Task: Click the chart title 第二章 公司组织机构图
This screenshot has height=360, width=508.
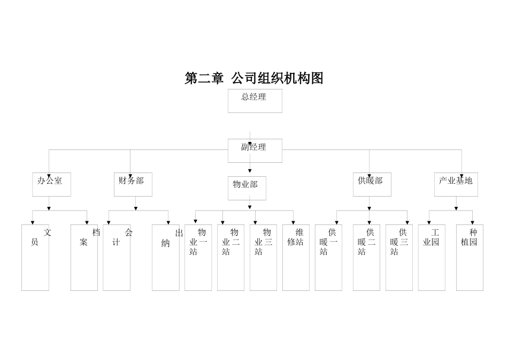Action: point(254,78)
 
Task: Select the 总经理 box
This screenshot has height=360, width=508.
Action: point(255,101)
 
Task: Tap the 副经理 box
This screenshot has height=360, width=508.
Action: point(255,151)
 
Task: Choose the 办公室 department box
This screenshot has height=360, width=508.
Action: point(51,184)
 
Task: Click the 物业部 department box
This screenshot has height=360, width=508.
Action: point(247,188)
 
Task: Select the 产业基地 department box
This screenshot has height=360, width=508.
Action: point(456,184)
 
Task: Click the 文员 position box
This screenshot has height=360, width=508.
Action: point(35,258)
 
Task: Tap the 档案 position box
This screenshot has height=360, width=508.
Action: point(84,258)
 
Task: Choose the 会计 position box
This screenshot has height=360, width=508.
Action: point(117,258)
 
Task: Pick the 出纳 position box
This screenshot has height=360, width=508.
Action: point(166,258)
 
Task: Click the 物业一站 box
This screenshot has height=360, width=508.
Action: point(198,258)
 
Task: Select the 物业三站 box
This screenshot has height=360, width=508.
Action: point(263,258)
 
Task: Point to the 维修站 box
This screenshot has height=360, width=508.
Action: point(296,258)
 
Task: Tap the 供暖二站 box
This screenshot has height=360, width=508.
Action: point(366,258)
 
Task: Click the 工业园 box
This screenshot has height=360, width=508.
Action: point(432,258)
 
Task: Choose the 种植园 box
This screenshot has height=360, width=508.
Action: point(469,258)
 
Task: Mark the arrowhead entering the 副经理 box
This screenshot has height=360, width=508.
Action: point(250,144)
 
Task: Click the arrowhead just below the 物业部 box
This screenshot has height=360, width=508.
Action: point(250,207)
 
